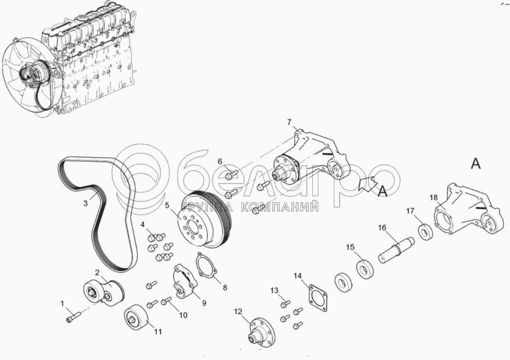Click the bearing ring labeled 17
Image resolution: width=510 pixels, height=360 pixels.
click(425, 231)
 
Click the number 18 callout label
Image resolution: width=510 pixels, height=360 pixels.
click(433, 198)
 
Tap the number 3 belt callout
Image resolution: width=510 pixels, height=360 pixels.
click(85, 203)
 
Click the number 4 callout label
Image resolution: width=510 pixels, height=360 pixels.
click(142, 225)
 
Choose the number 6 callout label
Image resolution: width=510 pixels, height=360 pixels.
click(220, 161)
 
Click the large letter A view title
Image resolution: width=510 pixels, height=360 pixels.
click(476, 164)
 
